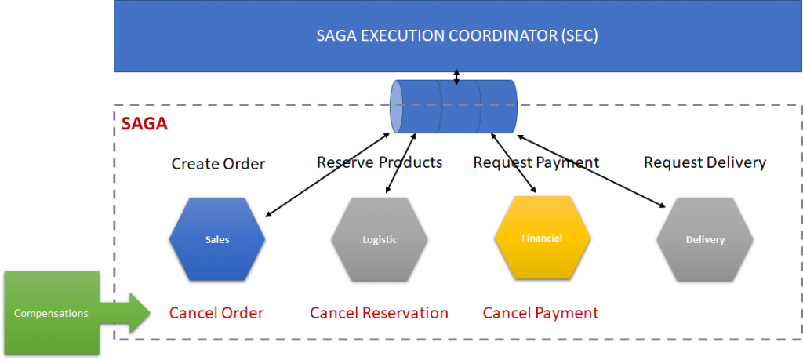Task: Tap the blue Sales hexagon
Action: click(x=217, y=239)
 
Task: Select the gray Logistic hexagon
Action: click(x=380, y=239)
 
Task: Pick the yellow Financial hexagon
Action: click(x=542, y=237)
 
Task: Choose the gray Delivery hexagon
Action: click(x=704, y=239)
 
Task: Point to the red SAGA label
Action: click(x=144, y=124)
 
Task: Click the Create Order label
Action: click(x=218, y=164)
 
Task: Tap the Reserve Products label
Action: click(x=380, y=162)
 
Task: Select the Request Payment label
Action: click(x=536, y=162)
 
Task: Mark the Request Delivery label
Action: click(x=704, y=162)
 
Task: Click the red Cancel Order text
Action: click(x=216, y=313)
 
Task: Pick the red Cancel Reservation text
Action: click(x=379, y=313)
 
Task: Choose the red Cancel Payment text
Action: click(x=540, y=313)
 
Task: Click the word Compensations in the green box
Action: click(x=52, y=313)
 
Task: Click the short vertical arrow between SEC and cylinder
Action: click(x=456, y=75)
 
